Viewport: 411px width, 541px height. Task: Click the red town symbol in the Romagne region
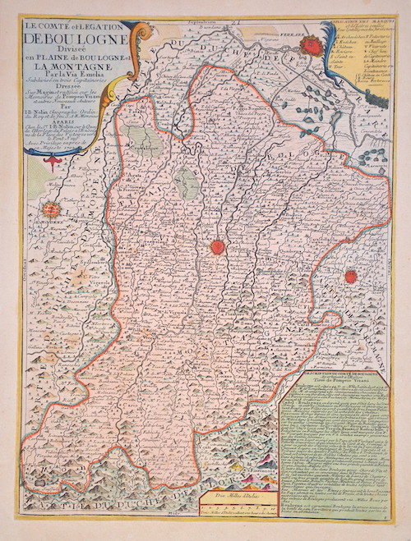[x=350, y=277]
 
